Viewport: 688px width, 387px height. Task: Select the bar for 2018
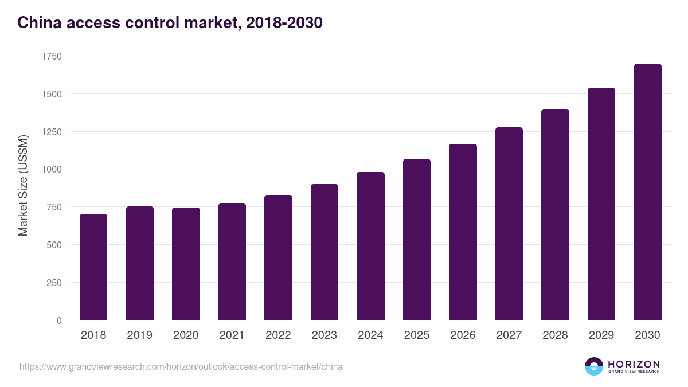[93, 267]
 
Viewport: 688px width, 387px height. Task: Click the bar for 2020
[186, 264]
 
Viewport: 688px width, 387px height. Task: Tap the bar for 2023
[324, 252]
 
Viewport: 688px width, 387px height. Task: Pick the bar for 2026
[463, 232]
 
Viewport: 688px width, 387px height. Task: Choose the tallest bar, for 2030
[647, 192]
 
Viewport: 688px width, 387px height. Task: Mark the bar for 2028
[555, 214]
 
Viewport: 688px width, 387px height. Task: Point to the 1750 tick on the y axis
[52, 56]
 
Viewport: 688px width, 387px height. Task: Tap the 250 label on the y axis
[54, 283]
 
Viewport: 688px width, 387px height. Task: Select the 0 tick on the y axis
[59, 320]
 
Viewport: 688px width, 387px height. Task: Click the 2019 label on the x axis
[139, 335]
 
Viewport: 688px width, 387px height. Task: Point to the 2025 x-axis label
[416, 335]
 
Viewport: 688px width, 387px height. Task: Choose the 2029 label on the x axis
[601, 335]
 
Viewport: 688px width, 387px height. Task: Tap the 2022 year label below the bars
[278, 335]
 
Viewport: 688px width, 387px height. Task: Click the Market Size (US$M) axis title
[23, 186]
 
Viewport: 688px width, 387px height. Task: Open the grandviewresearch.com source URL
[181, 366]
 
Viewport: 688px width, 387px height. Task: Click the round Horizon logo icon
[593, 366]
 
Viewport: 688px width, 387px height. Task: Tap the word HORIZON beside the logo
[634, 363]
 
